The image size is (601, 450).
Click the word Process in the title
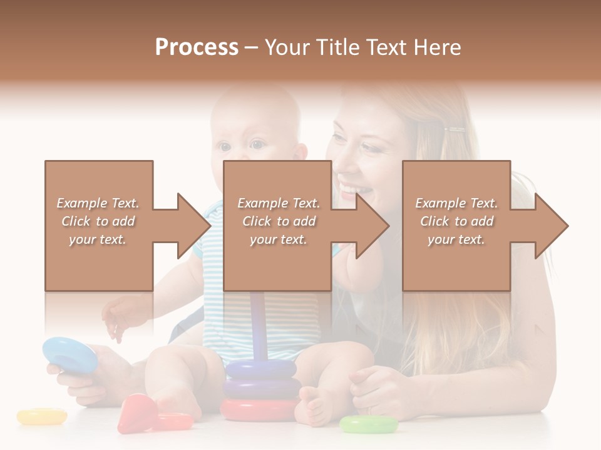point(197,47)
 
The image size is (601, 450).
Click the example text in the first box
point(98,221)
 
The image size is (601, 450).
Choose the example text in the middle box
point(279,221)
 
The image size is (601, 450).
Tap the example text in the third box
point(456,221)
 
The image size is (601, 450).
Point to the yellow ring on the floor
point(41,416)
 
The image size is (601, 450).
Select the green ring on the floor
point(368,424)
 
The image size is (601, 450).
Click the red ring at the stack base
point(259,410)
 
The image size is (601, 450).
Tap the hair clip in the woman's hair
point(455,130)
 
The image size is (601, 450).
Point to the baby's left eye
point(257,145)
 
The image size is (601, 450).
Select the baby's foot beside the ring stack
point(314,404)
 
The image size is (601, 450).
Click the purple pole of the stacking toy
point(258,325)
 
